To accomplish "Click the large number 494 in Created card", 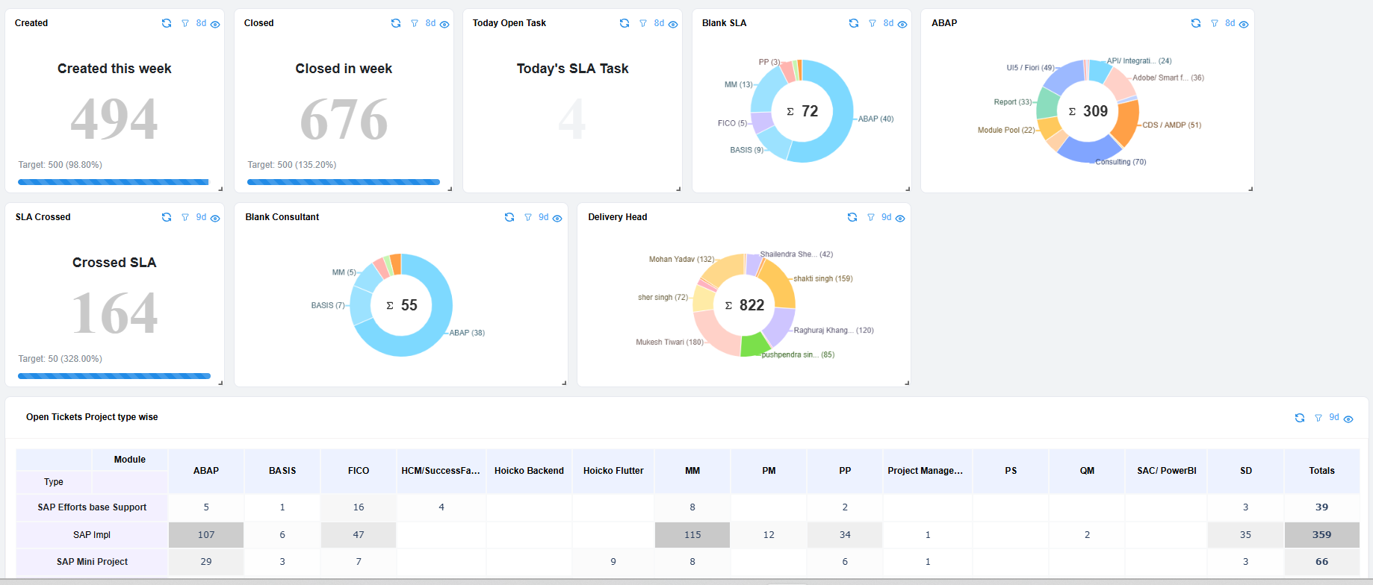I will coord(114,119).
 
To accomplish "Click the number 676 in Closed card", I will coord(344,119).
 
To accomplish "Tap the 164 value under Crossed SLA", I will coord(114,313).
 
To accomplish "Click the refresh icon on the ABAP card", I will coord(1195,23).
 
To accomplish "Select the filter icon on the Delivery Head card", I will coord(870,217).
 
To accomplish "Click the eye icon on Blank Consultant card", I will coord(557,218).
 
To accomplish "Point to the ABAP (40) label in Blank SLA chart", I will coord(875,119).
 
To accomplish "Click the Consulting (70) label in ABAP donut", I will coord(1121,162).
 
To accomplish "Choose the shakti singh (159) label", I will coord(822,278).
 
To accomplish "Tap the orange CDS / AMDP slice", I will coord(1126,123).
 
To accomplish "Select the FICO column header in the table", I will coord(359,471).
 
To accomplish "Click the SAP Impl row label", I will coord(92,535).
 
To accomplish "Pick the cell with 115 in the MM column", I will coord(692,535).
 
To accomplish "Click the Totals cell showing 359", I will coord(1321,535).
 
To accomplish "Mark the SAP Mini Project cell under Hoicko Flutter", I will coord(613,562).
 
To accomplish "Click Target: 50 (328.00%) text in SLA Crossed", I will coord(61,359).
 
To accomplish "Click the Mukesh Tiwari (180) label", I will coord(669,342).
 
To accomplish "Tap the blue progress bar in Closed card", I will coord(344,182).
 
